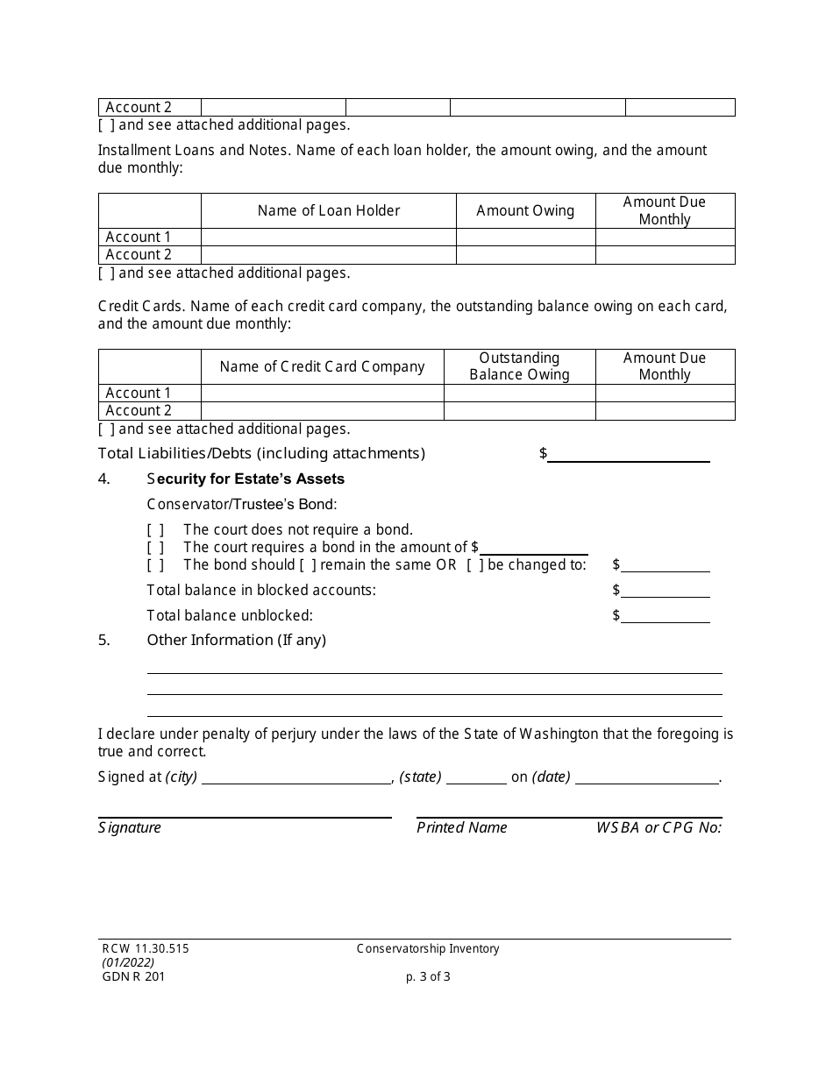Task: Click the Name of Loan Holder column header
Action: click(x=329, y=210)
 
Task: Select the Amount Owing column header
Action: click(x=525, y=210)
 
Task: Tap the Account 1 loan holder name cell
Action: click(x=329, y=238)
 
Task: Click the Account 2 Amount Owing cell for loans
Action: click(x=525, y=255)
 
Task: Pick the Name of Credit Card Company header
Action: click(x=322, y=366)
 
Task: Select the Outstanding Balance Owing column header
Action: click(x=519, y=366)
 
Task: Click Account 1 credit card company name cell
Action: click(x=322, y=394)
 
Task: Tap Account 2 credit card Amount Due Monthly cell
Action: click(x=665, y=411)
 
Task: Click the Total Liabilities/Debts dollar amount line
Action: click(x=628, y=454)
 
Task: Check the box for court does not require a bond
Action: click(x=155, y=530)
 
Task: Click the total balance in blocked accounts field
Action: click(x=666, y=591)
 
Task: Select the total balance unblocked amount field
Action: click(x=666, y=616)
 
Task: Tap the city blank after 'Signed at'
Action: click(x=296, y=777)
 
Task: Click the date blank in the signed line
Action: click(x=647, y=777)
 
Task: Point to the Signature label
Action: click(x=130, y=828)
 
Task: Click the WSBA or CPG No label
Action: click(x=659, y=828)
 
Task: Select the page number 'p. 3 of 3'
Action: click(x=423, y=977)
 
